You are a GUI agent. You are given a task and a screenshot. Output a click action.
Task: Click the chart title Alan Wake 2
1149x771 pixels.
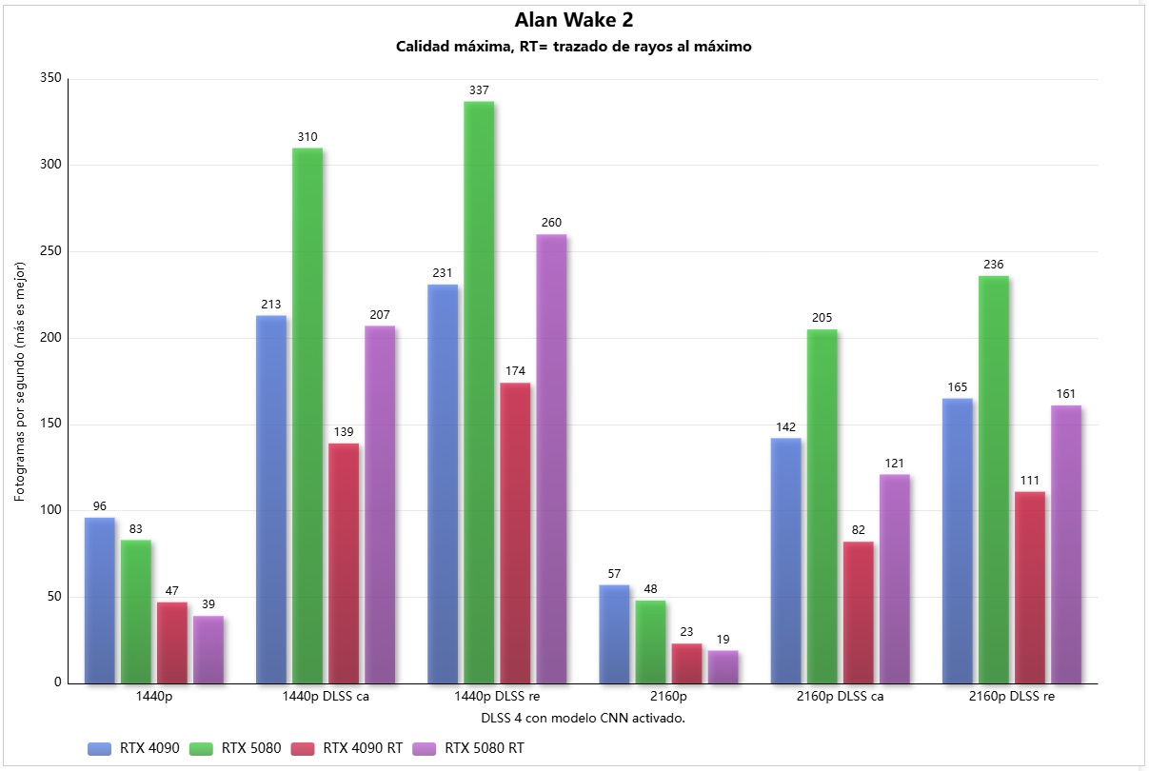574,20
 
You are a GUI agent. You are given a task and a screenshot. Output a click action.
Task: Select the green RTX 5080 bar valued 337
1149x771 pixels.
479,391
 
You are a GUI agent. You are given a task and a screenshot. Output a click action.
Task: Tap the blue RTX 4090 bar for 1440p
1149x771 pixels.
100,600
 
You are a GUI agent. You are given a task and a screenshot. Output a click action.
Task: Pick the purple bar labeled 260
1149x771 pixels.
551,458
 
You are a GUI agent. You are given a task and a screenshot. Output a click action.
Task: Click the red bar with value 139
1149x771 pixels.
344,563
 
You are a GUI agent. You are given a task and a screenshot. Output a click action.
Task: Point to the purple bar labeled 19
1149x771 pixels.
723,666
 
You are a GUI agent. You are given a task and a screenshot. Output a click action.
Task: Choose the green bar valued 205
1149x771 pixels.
822,505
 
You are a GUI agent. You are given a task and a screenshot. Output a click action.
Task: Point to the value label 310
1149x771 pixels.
307,137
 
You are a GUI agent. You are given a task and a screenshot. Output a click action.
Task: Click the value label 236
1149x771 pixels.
994,265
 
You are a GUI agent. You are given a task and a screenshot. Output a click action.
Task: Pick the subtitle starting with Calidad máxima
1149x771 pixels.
574,47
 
